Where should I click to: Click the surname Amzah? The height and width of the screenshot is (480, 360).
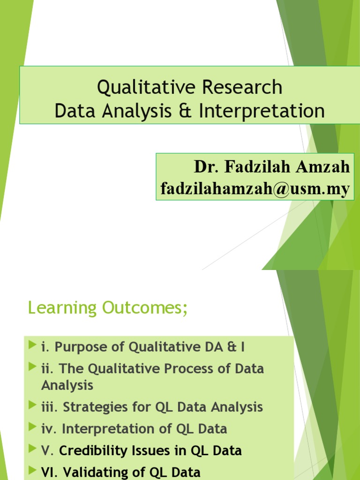pyautogui.click(x=326, y=167)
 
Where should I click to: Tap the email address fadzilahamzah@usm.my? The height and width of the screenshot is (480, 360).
pyautogui.click(x=255, y=189)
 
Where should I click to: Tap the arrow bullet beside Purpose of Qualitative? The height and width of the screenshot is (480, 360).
pyautogui.click(x=32, y=346)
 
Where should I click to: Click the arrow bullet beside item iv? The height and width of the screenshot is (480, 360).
pyautogui.click(x=32, y=427)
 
